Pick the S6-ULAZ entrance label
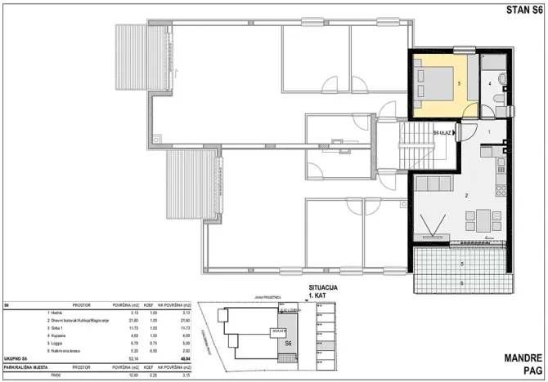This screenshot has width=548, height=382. coord(444,133)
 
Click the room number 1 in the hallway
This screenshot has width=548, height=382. coord(489,131)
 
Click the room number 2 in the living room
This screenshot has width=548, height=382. coord(466,196)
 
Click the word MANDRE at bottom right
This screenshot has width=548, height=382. coord(521,358)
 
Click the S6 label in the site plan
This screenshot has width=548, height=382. coord(288,344)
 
